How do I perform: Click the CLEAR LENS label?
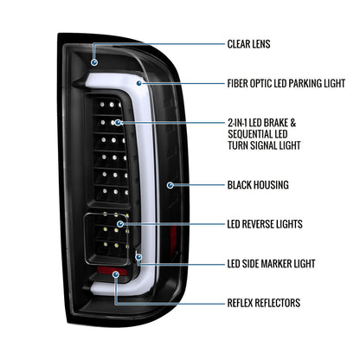click(x=248, y=44)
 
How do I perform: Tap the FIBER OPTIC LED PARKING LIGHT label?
click(x=286, y=83)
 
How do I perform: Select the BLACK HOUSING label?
click(x=258, y=185)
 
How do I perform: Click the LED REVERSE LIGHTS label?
click(x=265, y=224)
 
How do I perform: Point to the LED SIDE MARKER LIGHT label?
click(x=271, y=263)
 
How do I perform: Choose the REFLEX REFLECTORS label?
click(x=264, y=303)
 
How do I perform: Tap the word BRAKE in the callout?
click(x=275, y=123)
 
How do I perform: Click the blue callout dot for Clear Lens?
click(x=94, y=62)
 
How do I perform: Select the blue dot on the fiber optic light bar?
click(x=139, y=83)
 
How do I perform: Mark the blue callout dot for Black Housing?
click(x=170, y=185)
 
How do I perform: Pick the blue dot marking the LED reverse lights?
click(x=120, y=224)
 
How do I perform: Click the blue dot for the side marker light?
click(x=138, y=257)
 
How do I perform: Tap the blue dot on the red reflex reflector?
click(x=116, y=274)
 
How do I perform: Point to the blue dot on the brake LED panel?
click(x=118, y=123)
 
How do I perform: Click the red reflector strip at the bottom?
click(x=112, y=271)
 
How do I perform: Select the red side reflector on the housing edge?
click(x=173, y=239)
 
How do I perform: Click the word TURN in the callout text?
click(x=238, y=145)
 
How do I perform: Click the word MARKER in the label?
click(x=278, y=263)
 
